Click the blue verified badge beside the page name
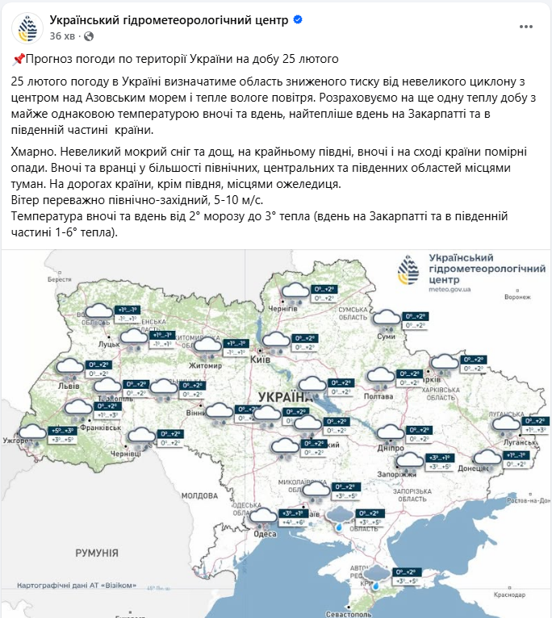pos(297,19)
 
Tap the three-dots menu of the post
pos(527,27)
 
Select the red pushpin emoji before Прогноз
pos(19,59)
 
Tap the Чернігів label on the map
pos(282,309)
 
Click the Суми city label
pos(387,336)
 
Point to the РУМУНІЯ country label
pos(97,553)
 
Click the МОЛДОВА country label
pos(196,495)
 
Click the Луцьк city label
pos(109,344)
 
